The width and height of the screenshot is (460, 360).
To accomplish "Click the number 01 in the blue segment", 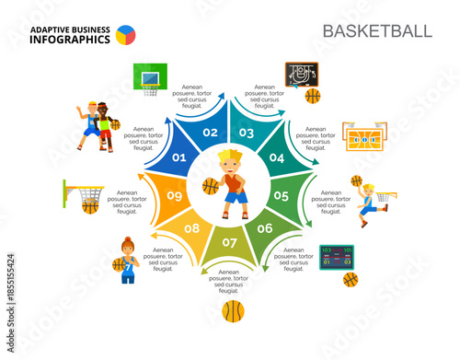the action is click(x=179, y=158).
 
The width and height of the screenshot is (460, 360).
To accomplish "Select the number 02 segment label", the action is click(x=210, y=133).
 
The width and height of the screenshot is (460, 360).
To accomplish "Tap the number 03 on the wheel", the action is click(x=247, y=133).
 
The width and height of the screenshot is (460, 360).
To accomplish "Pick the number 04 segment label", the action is click(x=277, y=158).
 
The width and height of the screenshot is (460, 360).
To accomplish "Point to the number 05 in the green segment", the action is click(x=281, y=195).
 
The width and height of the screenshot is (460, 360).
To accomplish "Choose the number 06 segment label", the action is click(x=265, y=228).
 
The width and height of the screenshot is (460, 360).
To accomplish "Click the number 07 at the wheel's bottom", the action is click(x=229, y=243).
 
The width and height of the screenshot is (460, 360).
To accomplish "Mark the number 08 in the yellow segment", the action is click(x=192, y=228).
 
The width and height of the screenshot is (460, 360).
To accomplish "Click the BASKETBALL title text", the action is click(x=376, y=30).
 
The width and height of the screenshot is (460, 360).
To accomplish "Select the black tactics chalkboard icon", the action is click(x=300, y=74).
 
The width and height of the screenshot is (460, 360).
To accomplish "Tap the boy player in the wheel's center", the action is click(x=232, y=184).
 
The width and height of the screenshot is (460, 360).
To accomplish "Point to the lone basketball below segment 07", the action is click(x=232, y=310).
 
